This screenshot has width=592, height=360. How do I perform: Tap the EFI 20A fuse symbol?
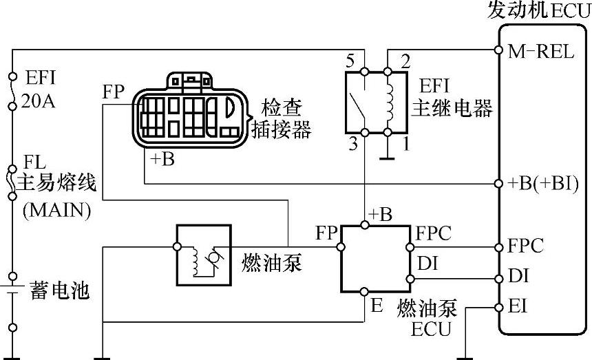[12, 92]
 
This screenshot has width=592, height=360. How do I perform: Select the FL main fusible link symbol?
[12, 182]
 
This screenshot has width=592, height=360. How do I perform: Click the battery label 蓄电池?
[60, 290]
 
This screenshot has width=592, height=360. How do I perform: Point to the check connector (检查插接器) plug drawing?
[190, 110]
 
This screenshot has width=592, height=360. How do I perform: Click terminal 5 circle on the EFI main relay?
[364, 72]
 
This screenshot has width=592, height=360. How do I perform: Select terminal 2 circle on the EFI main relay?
[388, 72]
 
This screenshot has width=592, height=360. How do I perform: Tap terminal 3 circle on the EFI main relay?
[364, 132]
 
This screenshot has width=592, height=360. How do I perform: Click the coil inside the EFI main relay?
[390, 102]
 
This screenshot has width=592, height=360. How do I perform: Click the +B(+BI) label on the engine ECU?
[543, 184]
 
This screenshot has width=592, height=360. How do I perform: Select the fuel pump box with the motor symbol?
[204, 255]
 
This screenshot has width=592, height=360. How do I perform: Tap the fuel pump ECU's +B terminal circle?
[365, 225]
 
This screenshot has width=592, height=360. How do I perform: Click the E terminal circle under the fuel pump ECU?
[364, 292]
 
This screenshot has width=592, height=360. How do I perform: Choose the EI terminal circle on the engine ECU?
[499, 308]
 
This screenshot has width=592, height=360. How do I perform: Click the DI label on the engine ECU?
[518, 276]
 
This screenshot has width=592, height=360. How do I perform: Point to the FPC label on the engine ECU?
[525, 246]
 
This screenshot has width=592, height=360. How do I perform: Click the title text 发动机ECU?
[539, 10]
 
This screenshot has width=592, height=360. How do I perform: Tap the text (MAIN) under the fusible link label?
[57, 210]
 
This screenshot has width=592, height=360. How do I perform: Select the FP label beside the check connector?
[114, 92]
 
